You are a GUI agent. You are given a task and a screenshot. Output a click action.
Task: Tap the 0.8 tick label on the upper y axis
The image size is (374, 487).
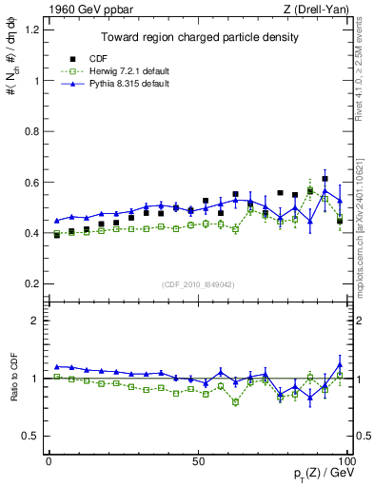[x=31, y=131]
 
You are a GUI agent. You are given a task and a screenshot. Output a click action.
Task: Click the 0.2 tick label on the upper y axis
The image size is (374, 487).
[x=31, y=283]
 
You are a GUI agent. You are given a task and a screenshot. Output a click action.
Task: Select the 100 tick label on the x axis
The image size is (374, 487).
[x=346, y=461]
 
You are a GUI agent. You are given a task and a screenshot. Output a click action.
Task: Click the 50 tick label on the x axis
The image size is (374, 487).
[x=197, y=461]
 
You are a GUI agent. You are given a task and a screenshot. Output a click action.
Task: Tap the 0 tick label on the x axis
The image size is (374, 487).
[x=49, y=461]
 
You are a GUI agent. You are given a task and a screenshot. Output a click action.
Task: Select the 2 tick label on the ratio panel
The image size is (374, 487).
[x=36, y=321]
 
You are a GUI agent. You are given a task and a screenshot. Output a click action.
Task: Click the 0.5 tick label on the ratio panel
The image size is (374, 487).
[x=31, y=436]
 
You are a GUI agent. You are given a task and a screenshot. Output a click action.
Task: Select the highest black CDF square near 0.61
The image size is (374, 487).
[x=325, y=179]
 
